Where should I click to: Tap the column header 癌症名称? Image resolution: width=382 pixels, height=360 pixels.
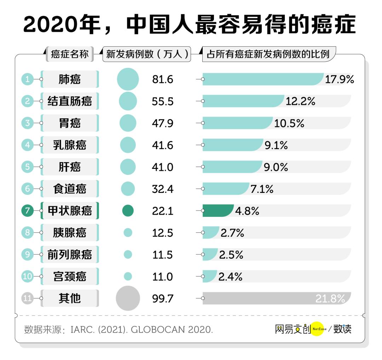[69, 54]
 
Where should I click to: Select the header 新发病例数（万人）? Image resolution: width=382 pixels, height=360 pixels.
[147, 54]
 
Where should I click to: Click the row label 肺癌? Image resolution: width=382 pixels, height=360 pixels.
[69, 79]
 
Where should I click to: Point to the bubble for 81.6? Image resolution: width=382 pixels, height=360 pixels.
[128, 79]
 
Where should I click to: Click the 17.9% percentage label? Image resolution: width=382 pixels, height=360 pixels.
[340, 79]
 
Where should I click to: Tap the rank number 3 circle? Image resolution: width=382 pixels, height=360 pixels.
[28, 123]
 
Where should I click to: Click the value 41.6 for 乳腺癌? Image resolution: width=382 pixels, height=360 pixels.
[163, 145]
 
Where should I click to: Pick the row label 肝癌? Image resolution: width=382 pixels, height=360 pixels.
[69, 167]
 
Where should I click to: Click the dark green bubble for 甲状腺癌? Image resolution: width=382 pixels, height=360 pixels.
[128, 211]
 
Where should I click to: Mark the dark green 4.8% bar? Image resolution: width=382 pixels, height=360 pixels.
[217, 211]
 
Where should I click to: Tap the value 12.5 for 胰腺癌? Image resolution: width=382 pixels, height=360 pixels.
[163, 233]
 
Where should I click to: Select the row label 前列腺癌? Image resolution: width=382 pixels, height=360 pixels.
[69, 255]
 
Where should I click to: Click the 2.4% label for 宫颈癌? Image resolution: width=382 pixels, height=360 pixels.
[231, 277]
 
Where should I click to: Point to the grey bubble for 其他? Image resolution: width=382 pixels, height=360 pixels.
[128, 299]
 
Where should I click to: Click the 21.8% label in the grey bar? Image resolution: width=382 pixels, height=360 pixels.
[330, 299]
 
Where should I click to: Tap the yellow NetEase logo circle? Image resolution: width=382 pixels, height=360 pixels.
[317, 329]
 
